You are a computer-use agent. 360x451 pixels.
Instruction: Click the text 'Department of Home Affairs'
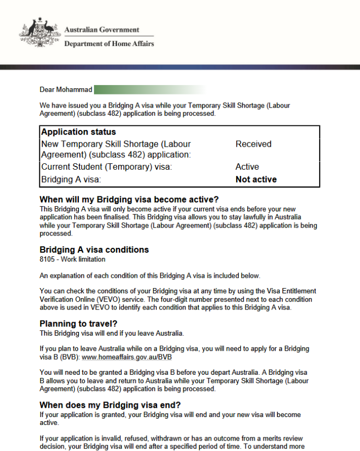109,44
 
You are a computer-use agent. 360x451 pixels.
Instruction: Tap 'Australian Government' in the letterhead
102,30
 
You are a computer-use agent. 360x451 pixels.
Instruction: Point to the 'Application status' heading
78,132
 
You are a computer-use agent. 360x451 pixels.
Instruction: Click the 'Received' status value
253,144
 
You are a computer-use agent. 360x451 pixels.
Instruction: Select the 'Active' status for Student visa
247,167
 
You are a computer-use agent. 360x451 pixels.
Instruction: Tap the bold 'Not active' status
256,180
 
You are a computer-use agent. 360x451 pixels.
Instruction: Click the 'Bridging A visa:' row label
71,180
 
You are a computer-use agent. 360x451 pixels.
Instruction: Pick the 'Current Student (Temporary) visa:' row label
107,167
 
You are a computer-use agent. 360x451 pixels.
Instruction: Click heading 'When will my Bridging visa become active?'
129,200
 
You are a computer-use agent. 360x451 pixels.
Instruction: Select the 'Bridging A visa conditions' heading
94,250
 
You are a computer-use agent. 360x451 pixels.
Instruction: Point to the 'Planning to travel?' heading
78,324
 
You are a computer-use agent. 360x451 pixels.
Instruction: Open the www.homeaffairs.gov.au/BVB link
127,358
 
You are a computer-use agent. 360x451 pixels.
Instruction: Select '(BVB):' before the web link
69,358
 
